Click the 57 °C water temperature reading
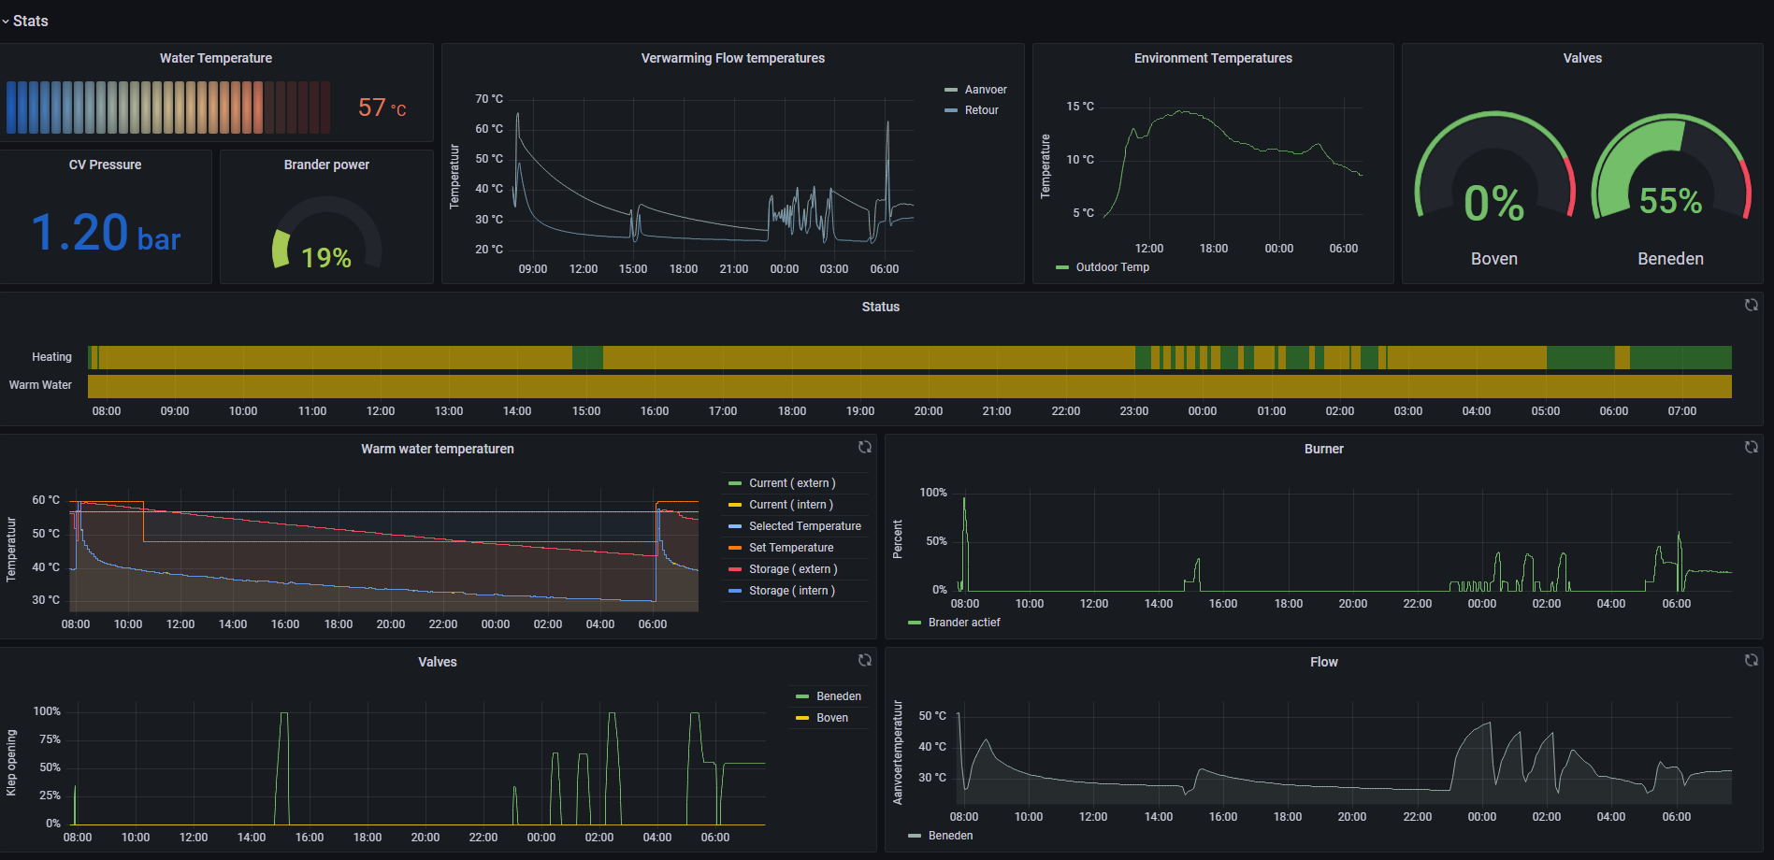click(x=382, y=108)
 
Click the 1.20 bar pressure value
click(x=105, y=233)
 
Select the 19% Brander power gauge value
click(x=325, y=257)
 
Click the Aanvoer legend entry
click(x=985, y=90)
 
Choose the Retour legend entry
click(x=981, y=110)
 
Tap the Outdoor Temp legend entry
click(x=1111, y=267)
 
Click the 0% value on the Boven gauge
click(x=1493, y=204)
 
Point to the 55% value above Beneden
click(x=1670, y=201)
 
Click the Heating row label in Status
click(x=51, y=357)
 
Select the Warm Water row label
click(x=40, y=385)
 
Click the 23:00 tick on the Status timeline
click(x=1133, y=411)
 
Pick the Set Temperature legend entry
click(x=790, y=548)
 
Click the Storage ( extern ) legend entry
click(x=792, y=569)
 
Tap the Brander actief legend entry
click(x=963, y=623)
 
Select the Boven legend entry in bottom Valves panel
click(x=831, y=718)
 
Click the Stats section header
click(x=30, y=21)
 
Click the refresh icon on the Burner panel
click(x=1751, y=448)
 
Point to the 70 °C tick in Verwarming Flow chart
click(x=488, y=99)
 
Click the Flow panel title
click(x=1323, y=662)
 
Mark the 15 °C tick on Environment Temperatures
click(x=1079, y=107)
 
